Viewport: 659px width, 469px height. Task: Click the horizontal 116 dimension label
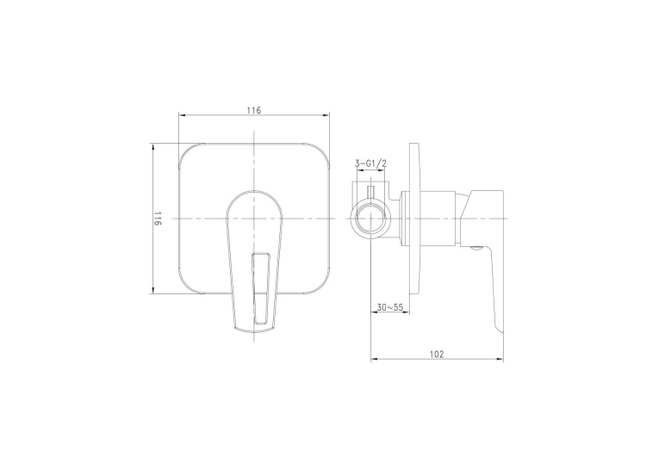click(x=254, y=110)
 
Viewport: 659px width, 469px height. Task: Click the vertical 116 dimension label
click(x=157, y=219)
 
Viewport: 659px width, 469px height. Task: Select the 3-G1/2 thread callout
click(x=370, y=164)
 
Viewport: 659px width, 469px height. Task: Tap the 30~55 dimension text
click(x=390, y=307)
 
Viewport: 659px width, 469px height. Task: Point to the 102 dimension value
click(x=437, y=355)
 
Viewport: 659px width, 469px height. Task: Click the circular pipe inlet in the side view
click(x=370, y=219)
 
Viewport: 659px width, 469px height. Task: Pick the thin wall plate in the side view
click(x=414, y=219)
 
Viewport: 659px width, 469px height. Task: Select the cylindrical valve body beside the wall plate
click(x=429, y=219)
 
